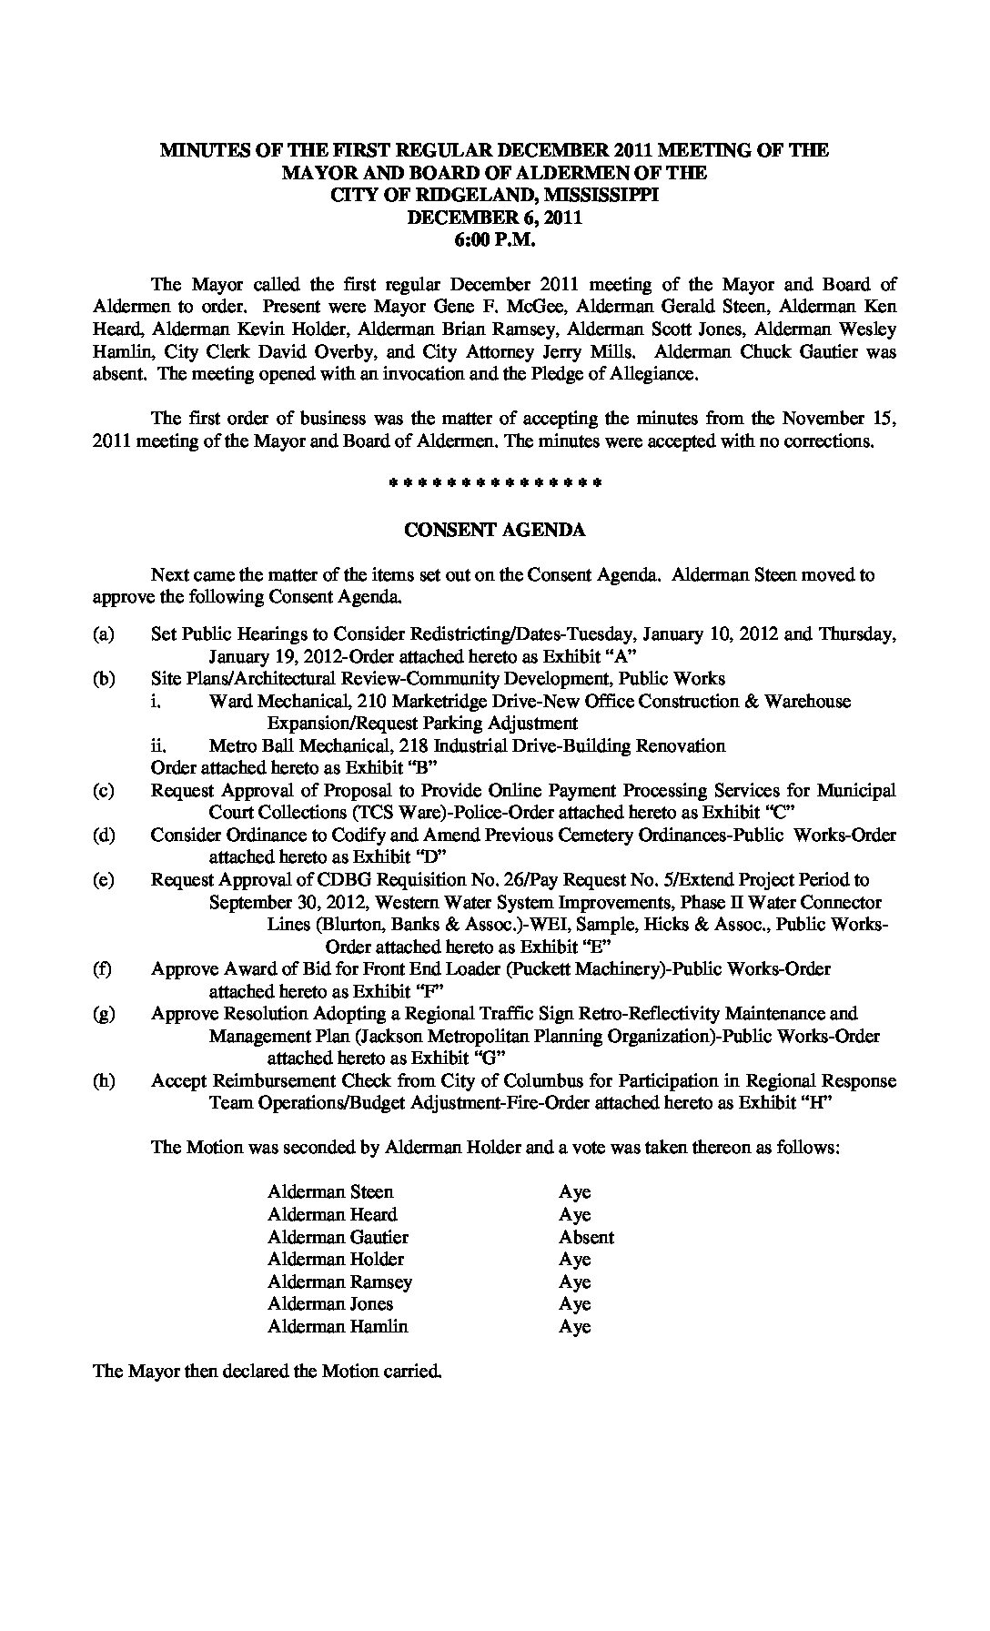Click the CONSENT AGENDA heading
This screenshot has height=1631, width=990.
pos(494,530)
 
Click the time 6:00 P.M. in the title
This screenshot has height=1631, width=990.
pos(495,239)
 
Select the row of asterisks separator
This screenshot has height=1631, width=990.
pos(494,481)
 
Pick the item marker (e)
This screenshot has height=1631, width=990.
pos(103,880)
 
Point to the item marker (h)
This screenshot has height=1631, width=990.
pos(103,1081)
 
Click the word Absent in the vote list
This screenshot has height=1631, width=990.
pos(586,1237)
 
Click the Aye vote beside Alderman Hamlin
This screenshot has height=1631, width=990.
pos(574,1326)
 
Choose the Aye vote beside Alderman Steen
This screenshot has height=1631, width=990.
pos(574,1191)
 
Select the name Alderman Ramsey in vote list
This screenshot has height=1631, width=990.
pos(339,1281)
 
